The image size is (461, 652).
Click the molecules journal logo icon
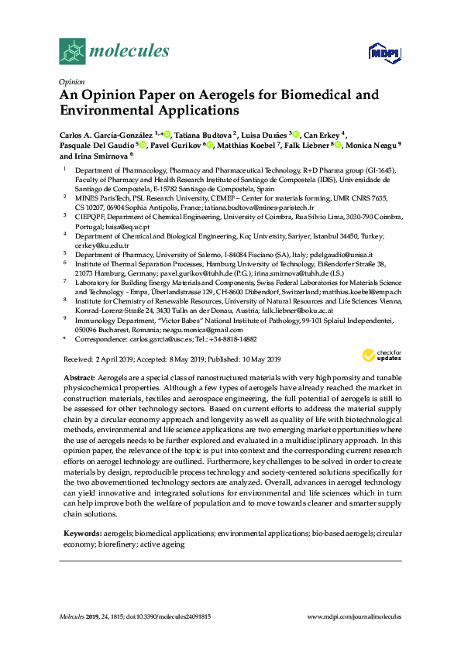(72, 53)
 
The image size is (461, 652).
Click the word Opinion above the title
(71, 81)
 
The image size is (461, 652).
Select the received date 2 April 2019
(114, 359)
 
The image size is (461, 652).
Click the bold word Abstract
(79, 376)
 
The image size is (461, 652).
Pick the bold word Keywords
(81, 534)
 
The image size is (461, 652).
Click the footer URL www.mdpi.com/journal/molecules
(355, 616)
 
